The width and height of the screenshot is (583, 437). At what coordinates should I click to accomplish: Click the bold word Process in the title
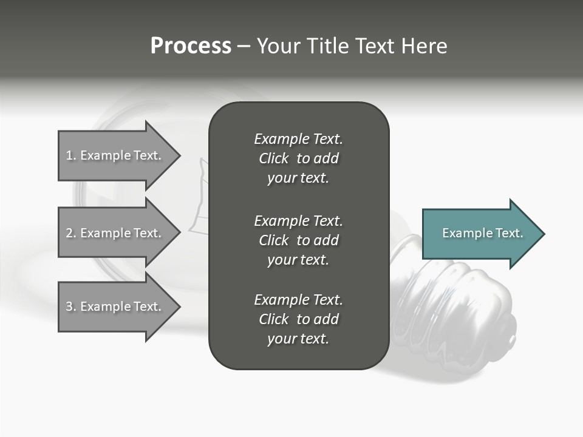click(191, 46)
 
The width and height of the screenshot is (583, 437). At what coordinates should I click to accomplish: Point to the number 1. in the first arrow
click(71, 155)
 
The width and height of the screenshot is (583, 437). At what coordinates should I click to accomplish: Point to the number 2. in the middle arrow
click(71, 233)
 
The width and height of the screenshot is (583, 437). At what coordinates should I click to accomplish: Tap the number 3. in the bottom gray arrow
click(71, 307)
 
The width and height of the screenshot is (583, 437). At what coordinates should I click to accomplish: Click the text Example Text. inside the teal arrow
click(483, 233)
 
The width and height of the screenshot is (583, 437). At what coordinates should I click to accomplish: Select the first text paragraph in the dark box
click(298, 158)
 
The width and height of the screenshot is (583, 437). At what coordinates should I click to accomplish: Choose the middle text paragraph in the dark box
click(298, 240)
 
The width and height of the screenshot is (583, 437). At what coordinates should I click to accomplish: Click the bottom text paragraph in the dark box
click(298, 319)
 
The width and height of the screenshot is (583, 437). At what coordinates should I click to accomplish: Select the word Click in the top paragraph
click(273, 158)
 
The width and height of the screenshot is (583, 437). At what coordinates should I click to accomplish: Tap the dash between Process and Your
click(244, 46)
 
